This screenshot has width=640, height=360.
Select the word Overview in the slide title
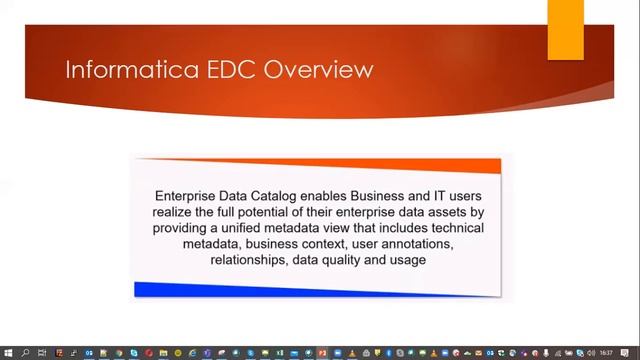[303, 69]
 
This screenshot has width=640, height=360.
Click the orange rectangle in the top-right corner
[565, 28]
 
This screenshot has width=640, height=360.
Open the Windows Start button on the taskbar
[8, 353]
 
